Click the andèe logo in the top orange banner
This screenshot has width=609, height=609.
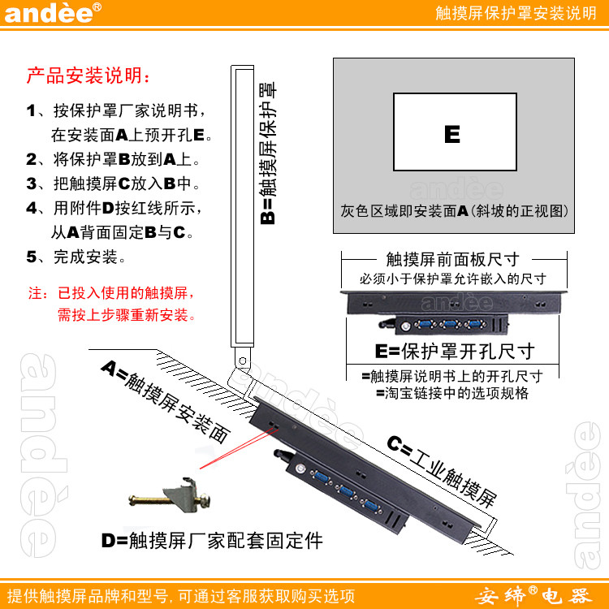[53, 13]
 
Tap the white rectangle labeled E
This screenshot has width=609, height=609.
[455, 132]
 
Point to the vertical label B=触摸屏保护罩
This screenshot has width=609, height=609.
[268, 153]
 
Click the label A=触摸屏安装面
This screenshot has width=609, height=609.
[166, 402]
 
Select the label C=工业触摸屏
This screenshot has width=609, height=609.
[443, 471]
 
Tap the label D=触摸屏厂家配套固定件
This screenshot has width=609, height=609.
[212, 540]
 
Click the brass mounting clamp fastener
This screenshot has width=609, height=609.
[170, 496]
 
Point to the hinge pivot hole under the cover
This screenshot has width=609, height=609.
[242, 361]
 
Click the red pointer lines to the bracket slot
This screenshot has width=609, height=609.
[239, 447]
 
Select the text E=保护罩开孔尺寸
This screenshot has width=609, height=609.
[455, 352]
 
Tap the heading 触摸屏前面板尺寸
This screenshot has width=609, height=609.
[453, 259]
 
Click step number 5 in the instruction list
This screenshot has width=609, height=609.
[32, 257]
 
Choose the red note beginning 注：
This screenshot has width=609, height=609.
[112, 304]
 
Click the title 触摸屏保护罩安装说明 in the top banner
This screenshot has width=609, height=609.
[516, 13]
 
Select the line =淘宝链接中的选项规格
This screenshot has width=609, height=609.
[452, 393]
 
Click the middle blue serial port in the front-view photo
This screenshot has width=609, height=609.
[450, 324]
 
